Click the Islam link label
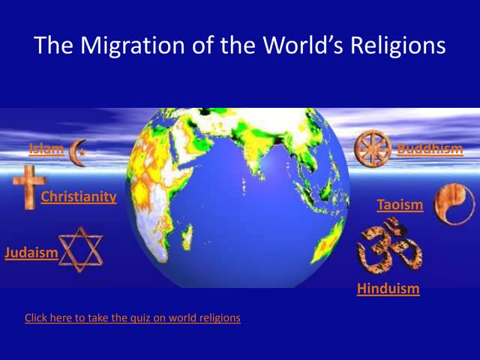click(x=46, y=148)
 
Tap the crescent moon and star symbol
click(x=77, y=151)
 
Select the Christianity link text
click(x=79, y=197)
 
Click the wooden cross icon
click(x=28, y=187)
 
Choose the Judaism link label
click(x=31, y=252)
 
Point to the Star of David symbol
click(x=80, y=249)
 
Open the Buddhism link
click(x=430, y=148)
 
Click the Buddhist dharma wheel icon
click(x=373, y=148)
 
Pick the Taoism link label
click(x=400, y=204)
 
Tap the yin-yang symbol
click(x=454, y=203)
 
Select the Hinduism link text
click(x=388, y=288)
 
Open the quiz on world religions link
click(x=133, y=318)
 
